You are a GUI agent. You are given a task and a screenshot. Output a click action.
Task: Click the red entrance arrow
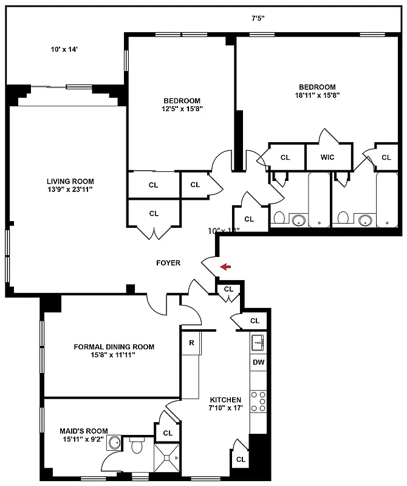point(225,266)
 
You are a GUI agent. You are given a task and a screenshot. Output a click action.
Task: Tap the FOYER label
point(168,263)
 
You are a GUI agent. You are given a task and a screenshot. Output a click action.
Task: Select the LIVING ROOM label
point(70,181)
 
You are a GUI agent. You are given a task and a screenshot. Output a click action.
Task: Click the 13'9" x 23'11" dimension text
point(70,190)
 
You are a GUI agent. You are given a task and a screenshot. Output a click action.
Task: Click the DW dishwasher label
point(258,363)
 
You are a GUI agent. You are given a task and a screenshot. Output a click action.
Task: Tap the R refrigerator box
point(191,343)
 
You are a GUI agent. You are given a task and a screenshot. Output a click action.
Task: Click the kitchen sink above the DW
point(258,343)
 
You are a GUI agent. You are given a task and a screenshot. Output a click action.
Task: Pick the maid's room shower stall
point(168,457)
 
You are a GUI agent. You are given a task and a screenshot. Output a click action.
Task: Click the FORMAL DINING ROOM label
point(114,347)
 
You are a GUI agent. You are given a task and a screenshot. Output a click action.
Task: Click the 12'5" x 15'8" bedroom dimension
point(182,109)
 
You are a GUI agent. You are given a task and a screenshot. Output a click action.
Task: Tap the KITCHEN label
point(225,400)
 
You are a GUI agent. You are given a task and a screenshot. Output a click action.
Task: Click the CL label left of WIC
point(286,157)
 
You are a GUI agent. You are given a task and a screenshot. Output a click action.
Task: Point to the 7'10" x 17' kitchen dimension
point(226,408)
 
